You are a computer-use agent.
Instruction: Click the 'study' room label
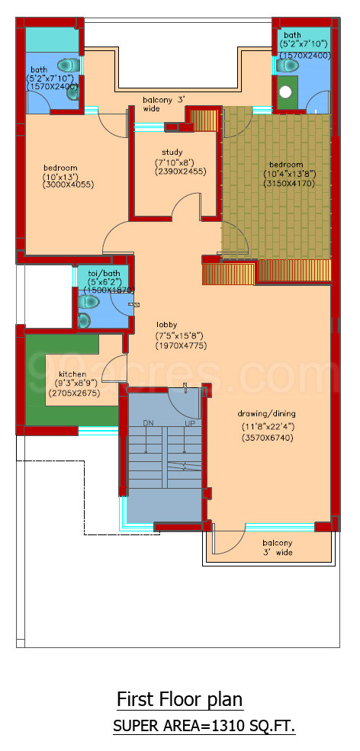[x=172, y=152]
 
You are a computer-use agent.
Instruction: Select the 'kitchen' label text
[x=72, y=374]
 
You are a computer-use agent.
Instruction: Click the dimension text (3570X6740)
[x=268, y=438]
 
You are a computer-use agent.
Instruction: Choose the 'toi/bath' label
[x=104, y=272]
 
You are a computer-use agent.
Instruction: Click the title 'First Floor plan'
[x=180, y=699]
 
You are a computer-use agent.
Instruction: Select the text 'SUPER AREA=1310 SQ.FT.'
[x=204, y=727]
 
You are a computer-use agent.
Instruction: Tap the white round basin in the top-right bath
[x=285, y=93]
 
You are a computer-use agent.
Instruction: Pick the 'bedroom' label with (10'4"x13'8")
[x=286, y=165]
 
